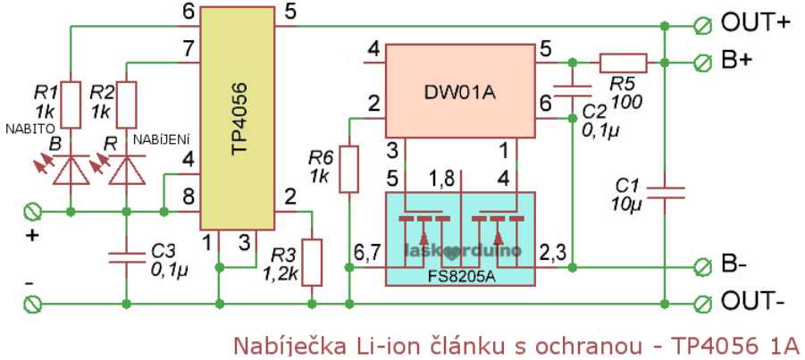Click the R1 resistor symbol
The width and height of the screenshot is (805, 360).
click(71, 104)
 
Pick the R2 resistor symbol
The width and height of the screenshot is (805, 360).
click(127, 104)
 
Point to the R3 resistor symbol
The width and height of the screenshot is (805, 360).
click(312, 262)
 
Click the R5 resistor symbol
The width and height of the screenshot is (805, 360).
click(623, 63)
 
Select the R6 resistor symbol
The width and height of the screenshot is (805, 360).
click(348, 170)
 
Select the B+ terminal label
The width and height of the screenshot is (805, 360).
click(737, 62)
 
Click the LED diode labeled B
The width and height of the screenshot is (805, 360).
click(71, 170)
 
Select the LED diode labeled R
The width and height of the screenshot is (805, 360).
click(127, 170)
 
